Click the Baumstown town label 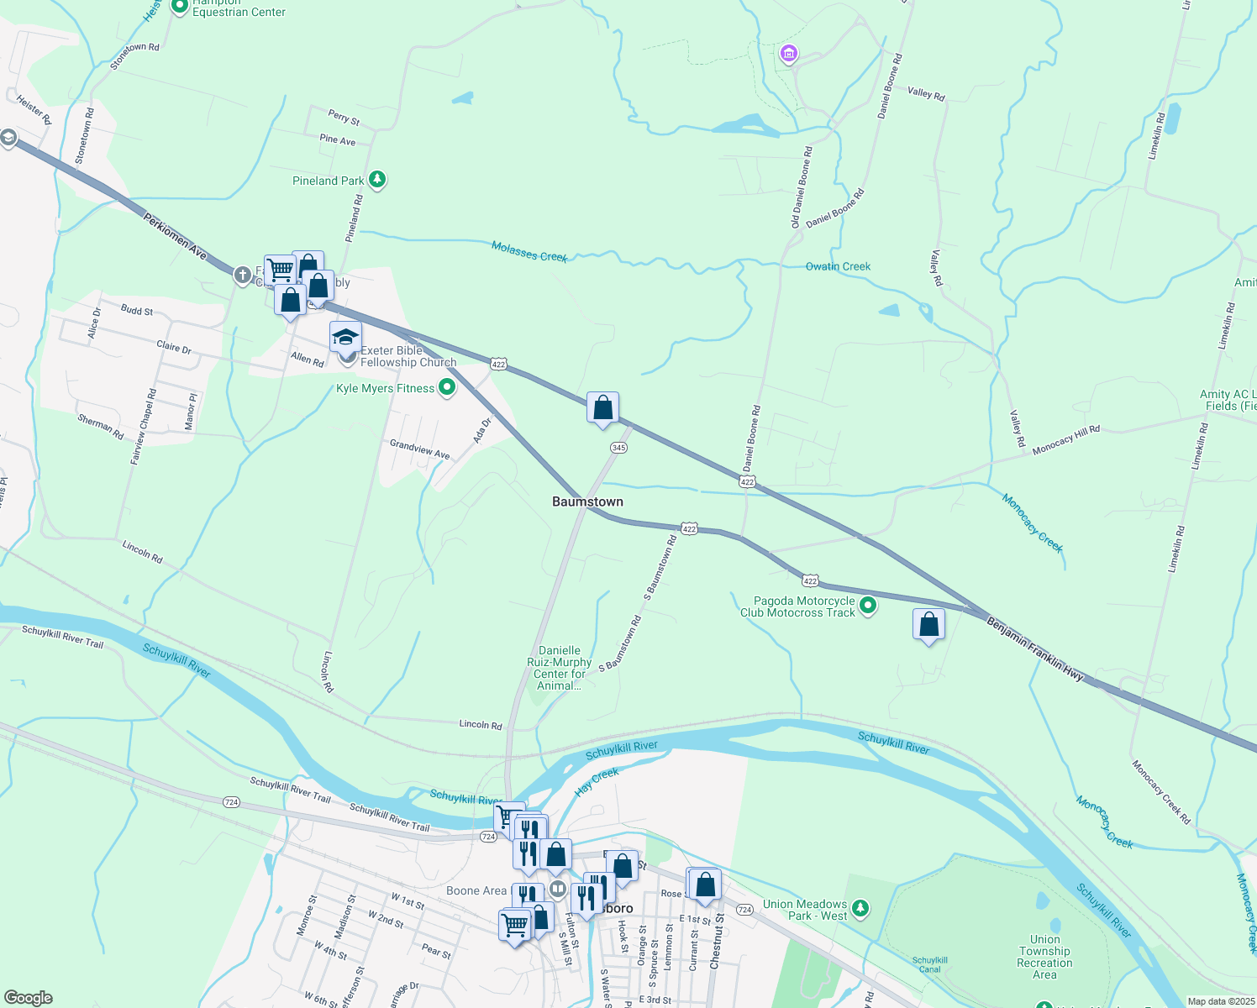[587, 501]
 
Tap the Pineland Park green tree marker [378, 180]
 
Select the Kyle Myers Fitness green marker [447, 387]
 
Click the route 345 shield [618, 448]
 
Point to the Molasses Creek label [529, 251]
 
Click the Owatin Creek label [838, 266]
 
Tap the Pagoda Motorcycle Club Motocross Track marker [869, 605]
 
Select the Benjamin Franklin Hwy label [1034, 649]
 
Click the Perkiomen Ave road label [175, 236]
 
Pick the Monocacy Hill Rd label [1065, 439]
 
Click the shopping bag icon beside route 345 [602, 408]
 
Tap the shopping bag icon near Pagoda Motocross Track [928, 625]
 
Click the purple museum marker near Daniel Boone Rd [788, 55]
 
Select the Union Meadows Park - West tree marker [860, 908]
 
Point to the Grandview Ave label [419, 449]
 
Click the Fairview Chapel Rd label [143, 427]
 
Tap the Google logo [28, 997]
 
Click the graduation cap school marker [345, 338]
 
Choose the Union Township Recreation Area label [1044, 957]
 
